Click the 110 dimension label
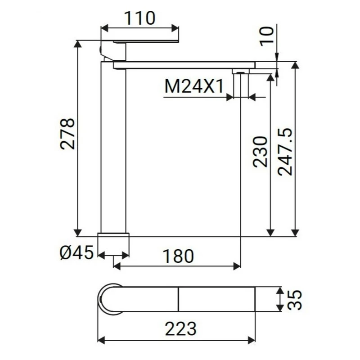[140, 18]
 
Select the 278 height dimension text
[67, 134]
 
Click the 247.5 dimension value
[285, 152]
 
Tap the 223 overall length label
[180, 329]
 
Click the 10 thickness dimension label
[266, 36]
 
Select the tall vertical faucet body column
[113, 148]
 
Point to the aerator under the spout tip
[240, 72]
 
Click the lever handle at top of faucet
[144, 41]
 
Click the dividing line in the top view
[179, 299]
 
